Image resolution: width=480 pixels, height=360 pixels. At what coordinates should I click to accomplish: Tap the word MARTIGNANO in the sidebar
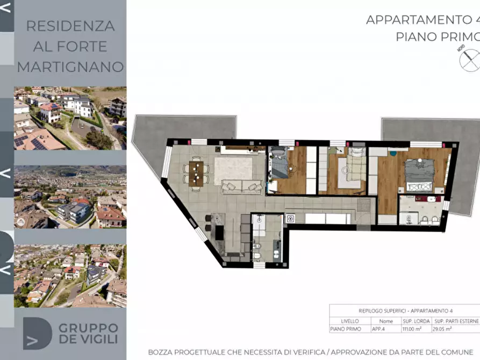pyautogui.click(x=70, y=67)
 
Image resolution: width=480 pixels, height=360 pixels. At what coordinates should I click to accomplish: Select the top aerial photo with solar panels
pyautogui.click(x=70, y=118)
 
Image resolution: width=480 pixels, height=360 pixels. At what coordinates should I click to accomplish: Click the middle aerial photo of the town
pyautogui.click(x=70, y=197)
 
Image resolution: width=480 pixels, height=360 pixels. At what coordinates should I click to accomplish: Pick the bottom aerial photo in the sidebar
pyautogui.click(x=70, y=276)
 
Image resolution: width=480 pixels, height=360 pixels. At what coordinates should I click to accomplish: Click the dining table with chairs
pyautogui.click(x=196, y=174)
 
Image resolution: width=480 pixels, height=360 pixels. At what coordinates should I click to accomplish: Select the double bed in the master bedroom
pyautogui.click(x=419, y=174)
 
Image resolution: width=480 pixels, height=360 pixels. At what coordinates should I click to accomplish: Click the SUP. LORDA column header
pyautogui.click(x=416, y=321)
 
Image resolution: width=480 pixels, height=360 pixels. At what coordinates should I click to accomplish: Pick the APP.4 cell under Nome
pyautogui.click(x=386, y=329)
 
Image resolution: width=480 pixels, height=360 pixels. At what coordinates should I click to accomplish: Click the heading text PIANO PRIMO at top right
pyautogui.click(x=438, y=37)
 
